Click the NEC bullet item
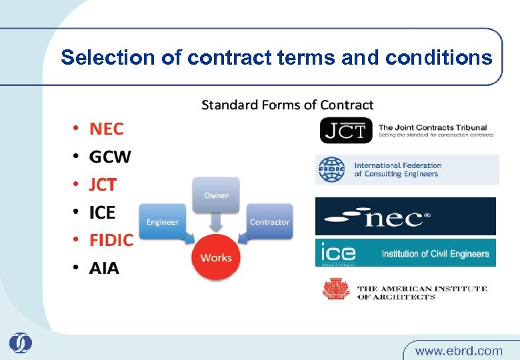(107, 128)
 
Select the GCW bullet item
(110, 157)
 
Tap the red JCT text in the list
(103, 185)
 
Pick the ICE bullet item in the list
(102, 213)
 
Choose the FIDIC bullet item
(111, 240)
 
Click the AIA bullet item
(104, 268)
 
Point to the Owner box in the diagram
(216, 195)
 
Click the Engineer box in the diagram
(163, 221)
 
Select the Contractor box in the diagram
(269, 221)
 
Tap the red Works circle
(216, 257)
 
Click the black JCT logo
(345, 130)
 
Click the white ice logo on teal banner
(338, 253)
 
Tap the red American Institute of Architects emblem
(336, 290)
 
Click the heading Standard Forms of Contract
(287, 105)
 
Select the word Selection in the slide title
(109, 58)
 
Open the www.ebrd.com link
(459, 350)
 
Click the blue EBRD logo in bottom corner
(21, 343)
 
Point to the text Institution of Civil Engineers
(435, 253)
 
